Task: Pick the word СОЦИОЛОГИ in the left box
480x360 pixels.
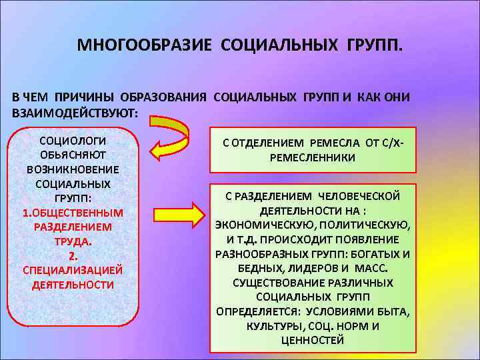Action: pos(73,141)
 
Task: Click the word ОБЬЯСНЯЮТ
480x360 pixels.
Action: pos(73,155)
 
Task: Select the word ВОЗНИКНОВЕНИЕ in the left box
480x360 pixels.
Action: pos(73,169)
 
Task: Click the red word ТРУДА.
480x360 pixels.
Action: pos(73,241)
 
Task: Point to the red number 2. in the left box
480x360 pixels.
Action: pos(73,256)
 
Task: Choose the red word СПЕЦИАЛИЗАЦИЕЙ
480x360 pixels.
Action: pos(73,270)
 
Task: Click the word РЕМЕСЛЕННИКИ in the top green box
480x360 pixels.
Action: pos(313,157)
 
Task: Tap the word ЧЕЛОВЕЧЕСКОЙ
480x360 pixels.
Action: pos(359,196)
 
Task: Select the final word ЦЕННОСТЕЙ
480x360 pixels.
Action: pos(313,340)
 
